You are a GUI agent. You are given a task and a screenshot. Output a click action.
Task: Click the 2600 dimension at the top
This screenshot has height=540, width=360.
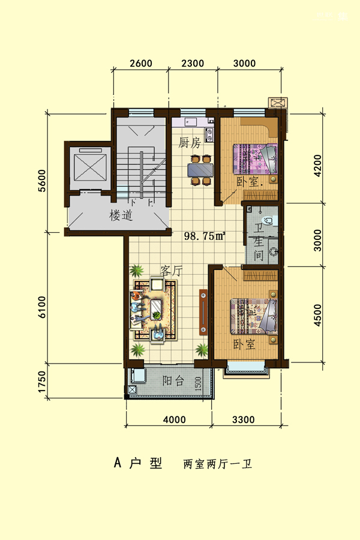click(x=141, y=64)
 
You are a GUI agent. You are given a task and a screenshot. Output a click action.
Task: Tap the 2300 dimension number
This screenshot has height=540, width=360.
click(x=193, y=64)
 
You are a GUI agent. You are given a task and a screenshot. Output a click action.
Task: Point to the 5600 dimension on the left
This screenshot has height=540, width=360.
click(x=41, y=181)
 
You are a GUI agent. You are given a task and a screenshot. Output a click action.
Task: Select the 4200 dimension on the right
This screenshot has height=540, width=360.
click(x=317, y=166)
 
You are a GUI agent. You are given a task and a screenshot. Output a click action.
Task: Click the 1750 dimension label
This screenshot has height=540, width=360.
click(x=41, y=382)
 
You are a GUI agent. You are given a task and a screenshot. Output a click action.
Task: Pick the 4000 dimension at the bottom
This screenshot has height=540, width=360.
click(x=175, y=420)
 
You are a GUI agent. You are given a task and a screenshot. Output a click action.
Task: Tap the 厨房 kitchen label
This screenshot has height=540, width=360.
click(x=189, y=143)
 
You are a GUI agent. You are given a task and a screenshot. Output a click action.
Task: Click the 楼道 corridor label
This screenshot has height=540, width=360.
click(x=121, y=215)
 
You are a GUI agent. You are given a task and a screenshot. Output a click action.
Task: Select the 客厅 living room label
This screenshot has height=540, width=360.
click(x=171, y=271)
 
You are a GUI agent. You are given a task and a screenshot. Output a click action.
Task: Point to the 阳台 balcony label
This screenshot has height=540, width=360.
click(x=173, y=380)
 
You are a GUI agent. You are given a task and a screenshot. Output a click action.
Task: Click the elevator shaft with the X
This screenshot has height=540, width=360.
click(x=91, y=167)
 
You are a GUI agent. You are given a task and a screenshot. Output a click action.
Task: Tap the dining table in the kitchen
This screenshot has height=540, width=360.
click(x=200, y=170)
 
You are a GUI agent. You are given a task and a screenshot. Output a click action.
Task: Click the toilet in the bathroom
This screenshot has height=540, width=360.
click(x=271, y=220)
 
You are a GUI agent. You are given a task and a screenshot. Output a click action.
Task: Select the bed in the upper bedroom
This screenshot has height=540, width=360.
click(x=255, y=159)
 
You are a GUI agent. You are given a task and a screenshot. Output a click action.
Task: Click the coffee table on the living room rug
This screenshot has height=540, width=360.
click(x=157, y=309)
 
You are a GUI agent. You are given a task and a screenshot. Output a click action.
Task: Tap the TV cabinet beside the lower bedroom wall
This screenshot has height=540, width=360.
click(x=203, y=313)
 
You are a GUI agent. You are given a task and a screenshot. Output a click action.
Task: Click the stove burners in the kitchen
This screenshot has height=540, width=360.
click(x=209, y=135)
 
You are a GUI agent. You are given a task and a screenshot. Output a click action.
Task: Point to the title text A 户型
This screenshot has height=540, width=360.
click(x=138, y=463)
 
